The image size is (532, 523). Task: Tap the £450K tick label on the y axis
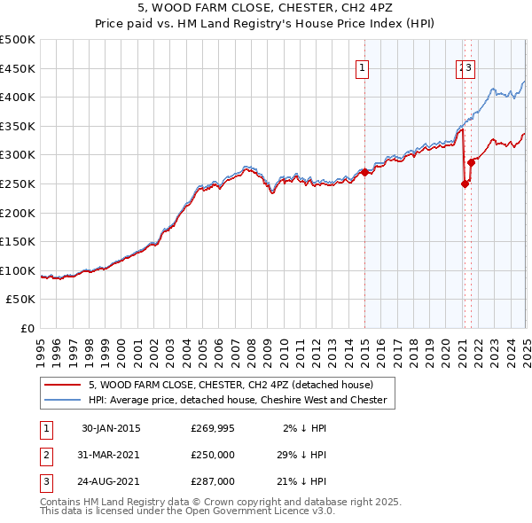coord(18,68)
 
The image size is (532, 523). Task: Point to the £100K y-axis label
coord(18,271)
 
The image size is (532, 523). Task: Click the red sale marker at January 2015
coord(365,172)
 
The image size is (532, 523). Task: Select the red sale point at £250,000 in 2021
coord(465,183)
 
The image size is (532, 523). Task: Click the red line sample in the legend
coord(63,385)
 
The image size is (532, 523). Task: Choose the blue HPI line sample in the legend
coord(63,400)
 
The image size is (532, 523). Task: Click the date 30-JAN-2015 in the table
coord(111,428)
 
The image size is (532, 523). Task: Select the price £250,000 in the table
coord(213,455)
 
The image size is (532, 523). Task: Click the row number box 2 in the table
coord(45,455)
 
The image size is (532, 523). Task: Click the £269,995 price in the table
coord(213,428)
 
